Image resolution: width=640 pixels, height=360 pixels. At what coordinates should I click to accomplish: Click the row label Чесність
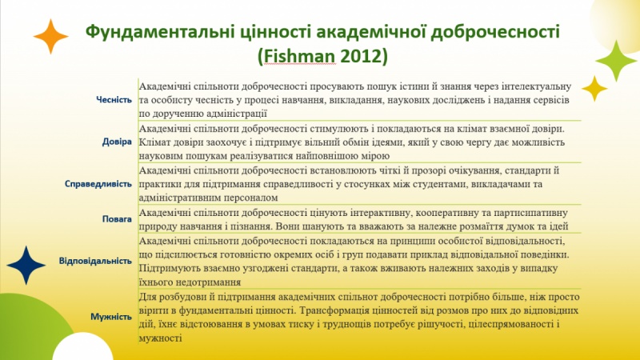pyautogui.click(x=114, y=99)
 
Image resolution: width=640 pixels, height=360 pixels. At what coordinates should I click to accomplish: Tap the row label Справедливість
pyautogui.click(x=98, y=184)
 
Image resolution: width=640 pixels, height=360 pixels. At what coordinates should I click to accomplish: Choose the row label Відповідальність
pyautogui.click(x=95, y=261)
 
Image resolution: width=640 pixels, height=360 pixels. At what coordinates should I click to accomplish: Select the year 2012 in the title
pyautogui.click(x=360, y=57)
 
